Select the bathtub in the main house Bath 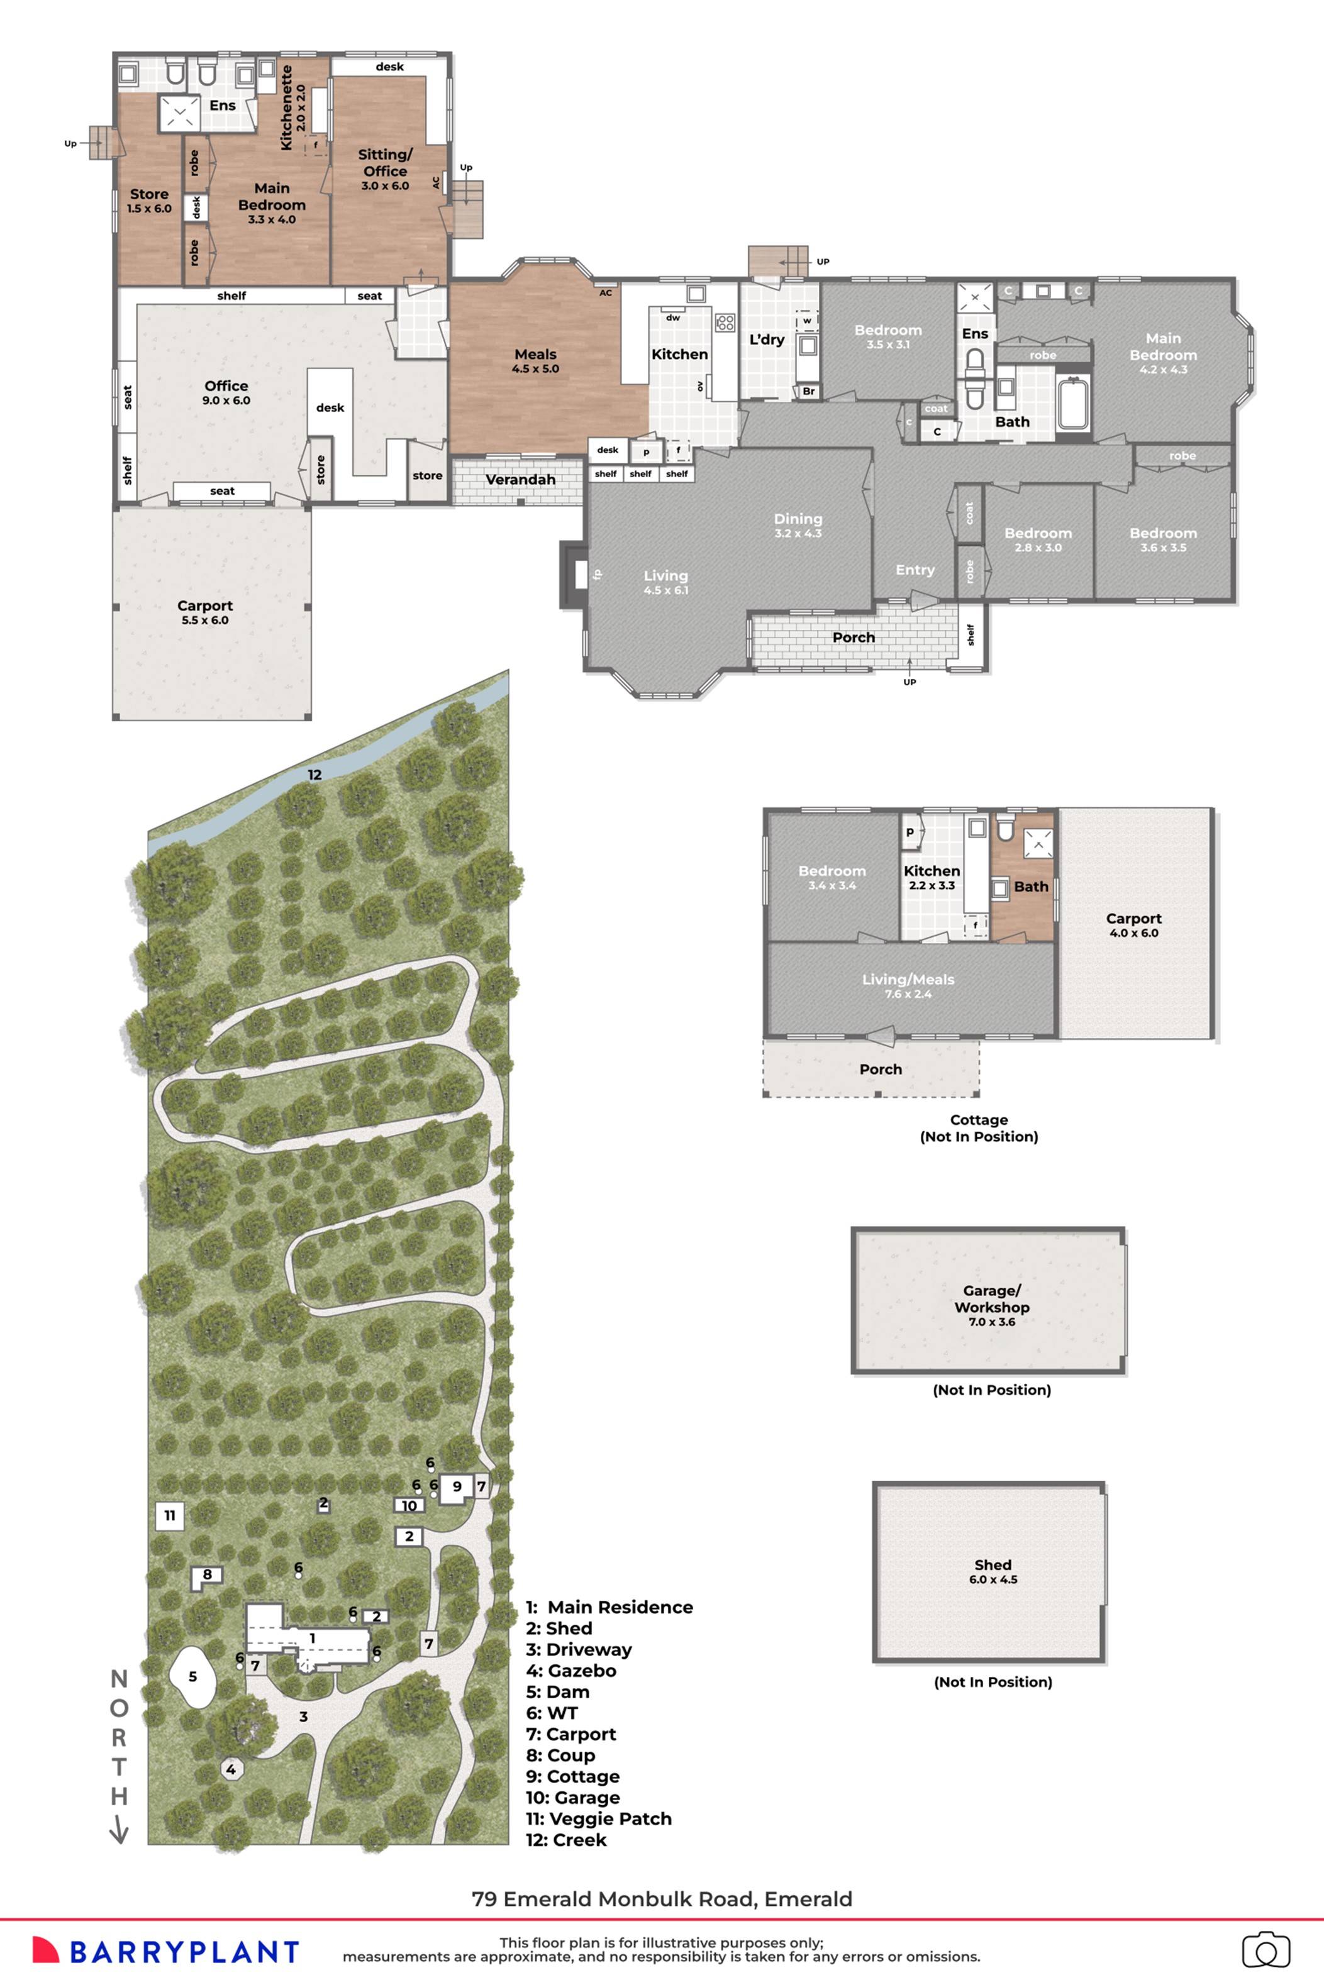click(1073, 404)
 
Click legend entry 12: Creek click(565, 1840)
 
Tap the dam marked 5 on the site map click(192, 1677)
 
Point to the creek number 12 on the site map click(314, 775)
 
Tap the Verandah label click(520, 479)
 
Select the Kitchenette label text click(286, 108)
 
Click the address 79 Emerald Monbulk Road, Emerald click(662, 1899)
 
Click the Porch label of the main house click(854, 637)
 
